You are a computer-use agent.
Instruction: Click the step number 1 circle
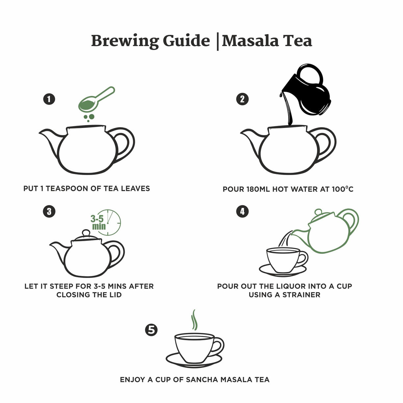(x=49, y=99)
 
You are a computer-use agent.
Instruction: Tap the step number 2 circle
(x=242, y=99)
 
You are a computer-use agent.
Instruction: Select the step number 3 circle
(x=49, y=211)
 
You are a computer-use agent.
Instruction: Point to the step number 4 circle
(x=242, y=211)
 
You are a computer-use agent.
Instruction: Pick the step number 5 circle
(x=151, y=330)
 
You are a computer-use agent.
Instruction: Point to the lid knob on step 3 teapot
(x=86, y=233)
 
